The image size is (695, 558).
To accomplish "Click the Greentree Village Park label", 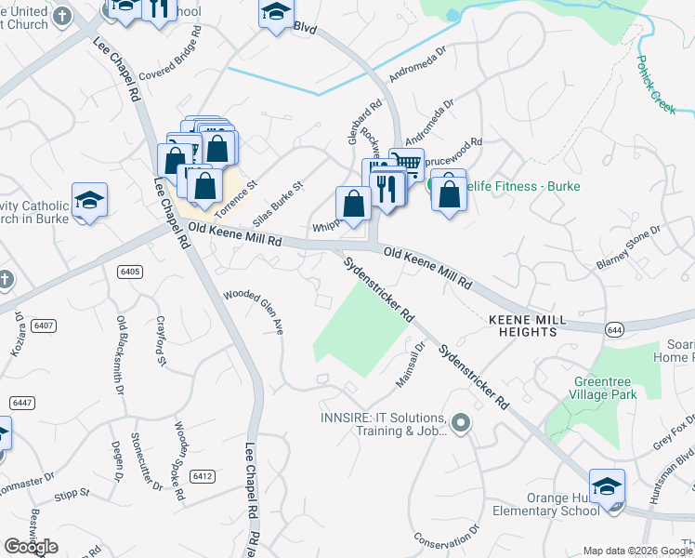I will [605, 387].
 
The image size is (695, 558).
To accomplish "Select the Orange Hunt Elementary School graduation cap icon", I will [607, 486].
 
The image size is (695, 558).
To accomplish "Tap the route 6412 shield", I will [203, 476].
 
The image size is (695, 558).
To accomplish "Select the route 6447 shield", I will [22, 402].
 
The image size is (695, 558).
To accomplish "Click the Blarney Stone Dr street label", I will [628, 248].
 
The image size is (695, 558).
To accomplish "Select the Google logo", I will [31, 546].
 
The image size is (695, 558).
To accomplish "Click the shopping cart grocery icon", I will [407, 164].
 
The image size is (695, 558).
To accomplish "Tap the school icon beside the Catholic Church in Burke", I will [89, 200].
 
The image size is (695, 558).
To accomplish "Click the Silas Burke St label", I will [284, 199].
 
